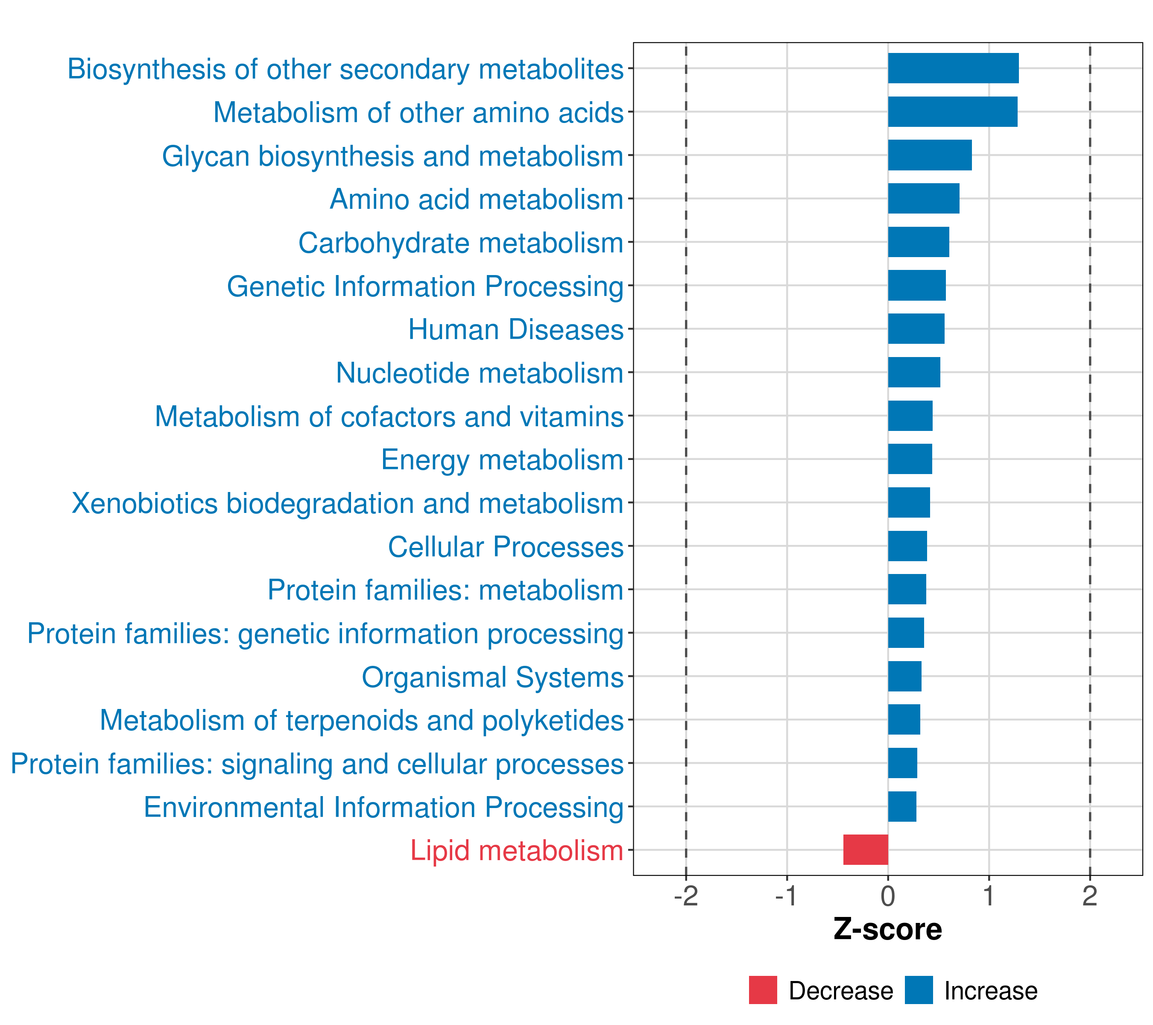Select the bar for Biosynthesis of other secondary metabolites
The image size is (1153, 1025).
tap(953, 68)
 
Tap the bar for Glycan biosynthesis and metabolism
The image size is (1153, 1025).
tap(930, 155)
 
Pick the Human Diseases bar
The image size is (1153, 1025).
tap(916, 329)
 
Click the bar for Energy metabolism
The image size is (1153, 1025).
tap(910, 459)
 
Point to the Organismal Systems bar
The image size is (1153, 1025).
tap(905, 676)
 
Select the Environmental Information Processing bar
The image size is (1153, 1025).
tap(902, 807)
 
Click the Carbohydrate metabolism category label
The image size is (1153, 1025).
tap(460, 243)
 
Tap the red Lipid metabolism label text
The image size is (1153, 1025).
tap(516, 851)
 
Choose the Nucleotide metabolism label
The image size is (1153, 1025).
tap(480, 373)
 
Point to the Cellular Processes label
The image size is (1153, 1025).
tap(506, 547)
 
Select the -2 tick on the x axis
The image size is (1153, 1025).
tap(686, 896)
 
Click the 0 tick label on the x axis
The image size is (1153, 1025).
tap(888, 896)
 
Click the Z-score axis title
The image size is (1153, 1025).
tap(887, 930)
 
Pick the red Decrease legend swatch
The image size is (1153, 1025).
tap(763, 990)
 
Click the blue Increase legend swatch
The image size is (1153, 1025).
tap(918, 990)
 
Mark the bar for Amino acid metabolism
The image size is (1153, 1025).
tap(923, 199)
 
